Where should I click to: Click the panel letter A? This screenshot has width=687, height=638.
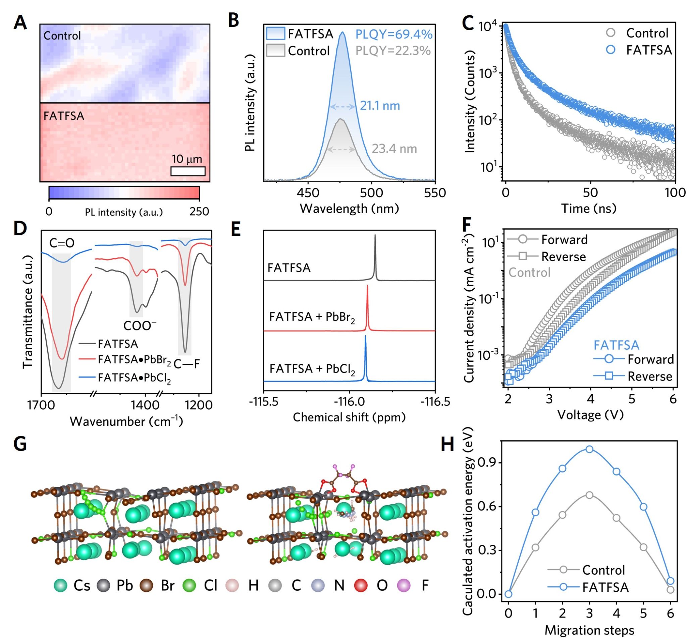[20, 23]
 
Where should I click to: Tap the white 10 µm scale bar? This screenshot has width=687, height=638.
[188, 171]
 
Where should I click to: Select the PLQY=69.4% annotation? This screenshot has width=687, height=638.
[393, 35]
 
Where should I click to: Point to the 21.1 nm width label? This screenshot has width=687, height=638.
[380, 106]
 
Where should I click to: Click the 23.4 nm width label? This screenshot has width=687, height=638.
[394, 149]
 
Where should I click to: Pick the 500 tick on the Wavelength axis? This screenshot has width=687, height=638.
[371, 193]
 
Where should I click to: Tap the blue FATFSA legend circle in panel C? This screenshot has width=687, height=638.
[610, 50]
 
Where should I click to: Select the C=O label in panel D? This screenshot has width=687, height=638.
[62, 243]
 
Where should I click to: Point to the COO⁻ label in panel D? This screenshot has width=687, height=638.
[140, 326]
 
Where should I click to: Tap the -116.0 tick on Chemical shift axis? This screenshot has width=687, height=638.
[349, 402]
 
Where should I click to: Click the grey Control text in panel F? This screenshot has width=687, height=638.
[529, 273]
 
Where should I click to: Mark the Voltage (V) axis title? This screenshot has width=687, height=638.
[590, 415]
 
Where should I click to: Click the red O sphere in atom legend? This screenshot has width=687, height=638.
[361, 585]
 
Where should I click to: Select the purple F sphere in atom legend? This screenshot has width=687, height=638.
[404, 585]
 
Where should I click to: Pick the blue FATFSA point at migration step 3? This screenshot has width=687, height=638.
[589, 449]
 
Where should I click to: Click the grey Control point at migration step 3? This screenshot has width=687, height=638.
[589, 495]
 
